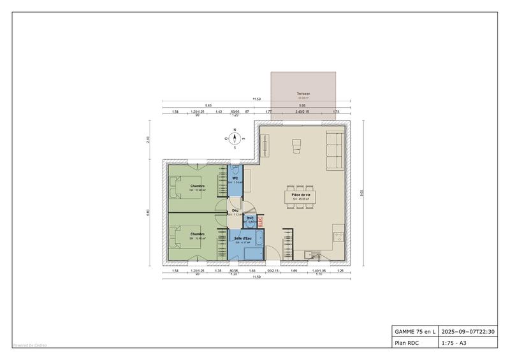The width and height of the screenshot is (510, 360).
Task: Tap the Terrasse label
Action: [x=303, y=94]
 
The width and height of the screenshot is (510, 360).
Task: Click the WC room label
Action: [x=235, y=178]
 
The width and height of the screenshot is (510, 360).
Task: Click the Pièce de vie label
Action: [x=301, y=194]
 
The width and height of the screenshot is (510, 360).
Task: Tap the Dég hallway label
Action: [x=235, y=210]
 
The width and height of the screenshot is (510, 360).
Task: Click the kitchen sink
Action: [x=309, y=255]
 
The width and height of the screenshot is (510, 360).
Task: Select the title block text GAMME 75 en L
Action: [x=414, y=331]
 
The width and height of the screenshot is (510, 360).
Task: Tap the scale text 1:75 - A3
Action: [x=454, y=343]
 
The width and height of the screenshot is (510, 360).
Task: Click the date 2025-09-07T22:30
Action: [x=467, y=331]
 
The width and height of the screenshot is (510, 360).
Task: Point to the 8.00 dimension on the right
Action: [x=361, y=192]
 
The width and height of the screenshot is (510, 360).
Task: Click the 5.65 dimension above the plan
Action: [x=208, y=105]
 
